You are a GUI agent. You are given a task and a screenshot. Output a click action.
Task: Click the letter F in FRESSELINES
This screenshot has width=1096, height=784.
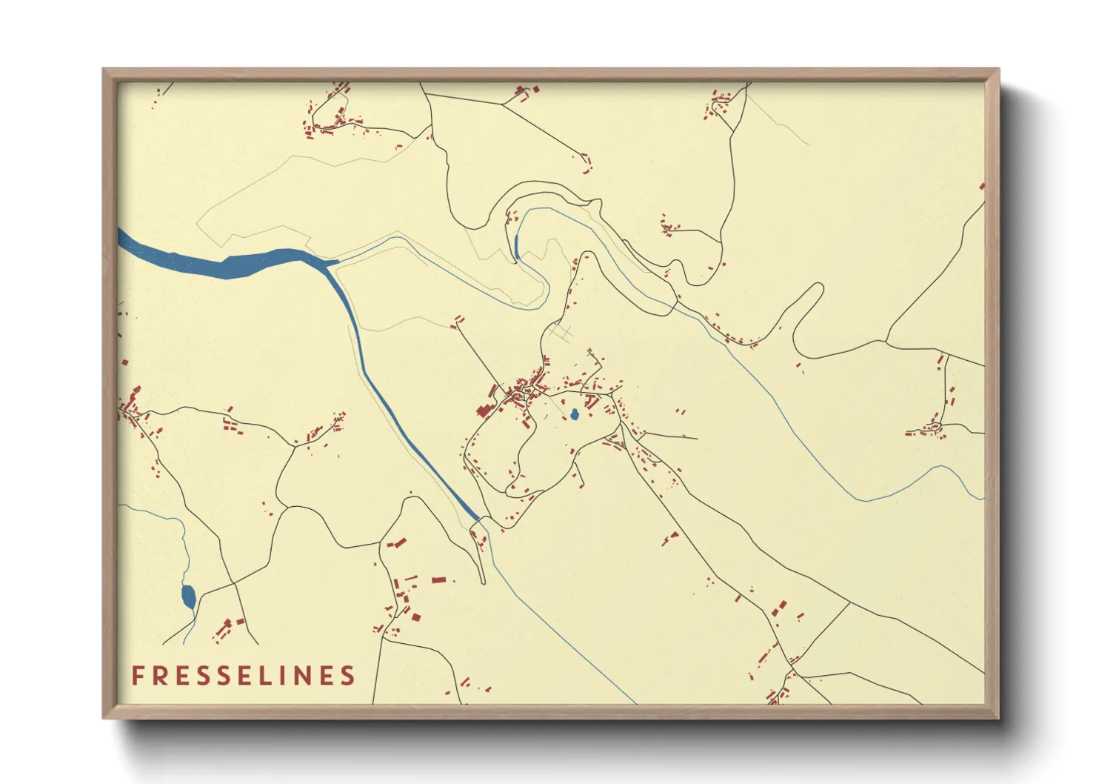coord(138,676)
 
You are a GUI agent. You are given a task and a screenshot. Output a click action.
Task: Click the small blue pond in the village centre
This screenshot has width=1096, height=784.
coord(574,414)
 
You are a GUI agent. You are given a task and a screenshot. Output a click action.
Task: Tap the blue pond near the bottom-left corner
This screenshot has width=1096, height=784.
coord(188,596)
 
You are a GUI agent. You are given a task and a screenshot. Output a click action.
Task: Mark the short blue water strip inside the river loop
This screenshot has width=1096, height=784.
coord(515,246)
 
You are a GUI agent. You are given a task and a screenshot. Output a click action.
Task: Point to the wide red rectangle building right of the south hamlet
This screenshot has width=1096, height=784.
coord(438,579)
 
